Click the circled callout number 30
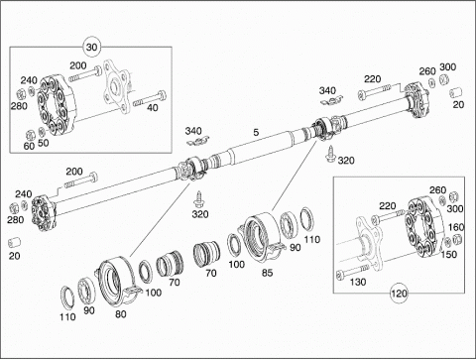coord(91,47)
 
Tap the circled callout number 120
coord(399,294)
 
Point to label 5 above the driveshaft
coord(256,132)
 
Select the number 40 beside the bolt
coord(153,108)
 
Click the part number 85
coord(267,273)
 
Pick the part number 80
coord(121,314)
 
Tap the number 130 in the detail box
coord(358,282)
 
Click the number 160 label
coord(456,227)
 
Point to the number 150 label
coord(449,254)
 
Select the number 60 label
coord(29,146)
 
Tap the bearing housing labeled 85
coord(262,236)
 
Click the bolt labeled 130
coord(352,271)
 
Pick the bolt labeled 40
coord(150,98)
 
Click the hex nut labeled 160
coord(457,239)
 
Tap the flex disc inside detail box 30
coord(58,105)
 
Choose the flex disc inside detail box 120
coord(424,227)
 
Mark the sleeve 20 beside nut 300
coord(456,92)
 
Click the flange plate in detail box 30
coord(116,87)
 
